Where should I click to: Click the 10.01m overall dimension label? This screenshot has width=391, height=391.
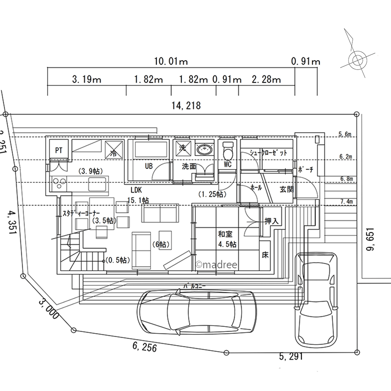pos(171,61)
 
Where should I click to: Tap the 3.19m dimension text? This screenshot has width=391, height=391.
pos(87,80)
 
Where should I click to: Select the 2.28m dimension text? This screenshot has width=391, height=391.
pos(266,80)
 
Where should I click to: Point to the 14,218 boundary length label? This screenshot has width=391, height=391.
pos(186,105)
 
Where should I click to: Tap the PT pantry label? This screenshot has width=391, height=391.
pos(59,150)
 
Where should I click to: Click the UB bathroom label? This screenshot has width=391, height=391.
pos(149,166)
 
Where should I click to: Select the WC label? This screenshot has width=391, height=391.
pos(228,165)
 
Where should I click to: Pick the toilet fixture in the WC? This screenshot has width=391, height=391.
pos(228,149)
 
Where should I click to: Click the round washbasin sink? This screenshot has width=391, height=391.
pos(204,149)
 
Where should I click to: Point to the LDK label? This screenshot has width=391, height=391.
pos(136,190)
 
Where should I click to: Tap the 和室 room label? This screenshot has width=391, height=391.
pos(226,235)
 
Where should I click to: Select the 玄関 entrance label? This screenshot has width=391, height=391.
pos(286,190)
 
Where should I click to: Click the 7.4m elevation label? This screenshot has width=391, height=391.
pos(346,201)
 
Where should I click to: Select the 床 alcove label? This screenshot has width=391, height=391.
pos(265,256)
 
